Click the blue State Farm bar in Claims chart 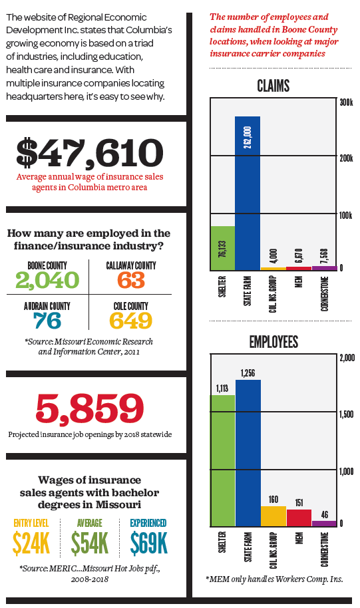pos(248,193)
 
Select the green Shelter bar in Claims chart pos(223,248)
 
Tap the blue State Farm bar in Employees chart pos(248,453)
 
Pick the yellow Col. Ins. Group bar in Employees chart pos(273,516)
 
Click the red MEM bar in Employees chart pos(299,518)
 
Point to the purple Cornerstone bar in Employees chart pos(324,524)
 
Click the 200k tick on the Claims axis pos(346,158)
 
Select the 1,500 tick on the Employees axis pos(347,414)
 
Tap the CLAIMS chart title pos(273,86)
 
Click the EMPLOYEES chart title pos(273,342)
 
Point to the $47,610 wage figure pos(90,152)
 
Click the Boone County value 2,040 pos(47,280)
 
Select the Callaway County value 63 pos(130,280)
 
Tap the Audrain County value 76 pos(47,321)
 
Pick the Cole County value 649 pos(130,321)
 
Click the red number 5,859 pos(90,408)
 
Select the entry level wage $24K pos(31,543)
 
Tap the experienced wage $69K pos(148,543)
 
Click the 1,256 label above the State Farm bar pos(248,373)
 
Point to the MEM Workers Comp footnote pos(274,579)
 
